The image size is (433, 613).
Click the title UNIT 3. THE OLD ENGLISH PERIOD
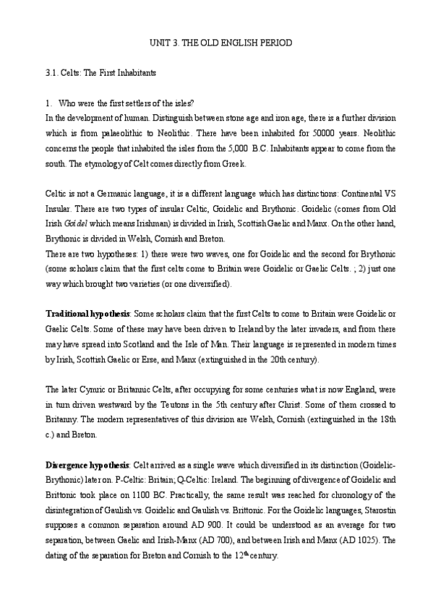point(216,43)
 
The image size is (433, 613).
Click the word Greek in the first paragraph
point(233,163)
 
